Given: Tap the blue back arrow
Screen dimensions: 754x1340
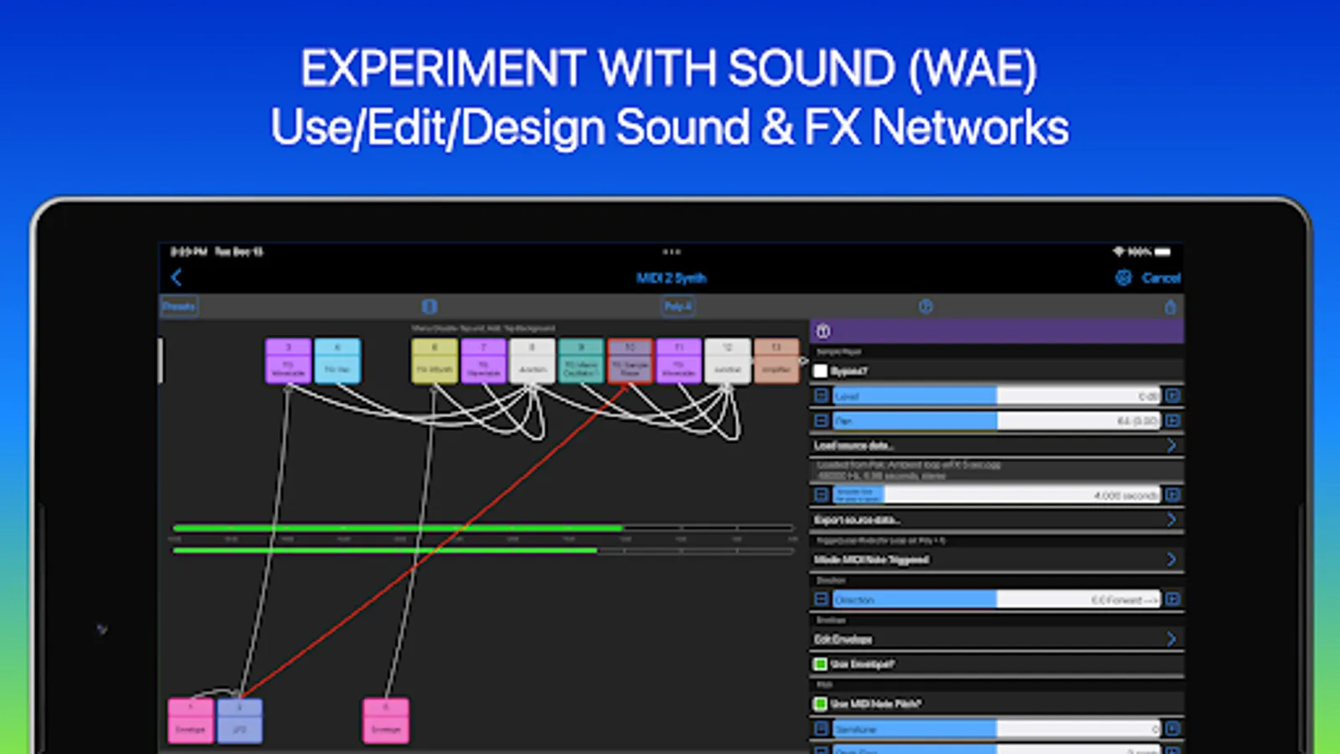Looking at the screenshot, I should pyautogui.click(x=177, y=278).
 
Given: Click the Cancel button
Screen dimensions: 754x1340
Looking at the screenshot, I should pyautogui.click(x=1161, y=278).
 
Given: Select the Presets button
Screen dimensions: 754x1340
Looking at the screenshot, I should pyautogui.click(x=179, y=307).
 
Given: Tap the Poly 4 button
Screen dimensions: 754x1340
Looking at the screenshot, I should pyautogui.click(x=678, y=307).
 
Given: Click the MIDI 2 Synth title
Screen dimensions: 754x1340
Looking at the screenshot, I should pyautogui.click(x=671, y=278).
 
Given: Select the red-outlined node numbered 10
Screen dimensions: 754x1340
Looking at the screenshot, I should pyautogui.click(x=630, y=361).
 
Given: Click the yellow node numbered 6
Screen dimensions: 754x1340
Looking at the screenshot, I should pyautogui.click(x=434, y=361).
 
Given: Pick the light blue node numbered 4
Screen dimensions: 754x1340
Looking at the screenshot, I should pyautogui.click(x=338, y=361).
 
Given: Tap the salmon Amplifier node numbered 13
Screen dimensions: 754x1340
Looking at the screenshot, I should pyautogui.click(x=776, y=361).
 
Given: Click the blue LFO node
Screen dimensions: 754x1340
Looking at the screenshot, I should pyautogui.click(x=240, y=721).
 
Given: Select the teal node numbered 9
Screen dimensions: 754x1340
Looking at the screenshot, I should pyautogui.click(x=580, y=361).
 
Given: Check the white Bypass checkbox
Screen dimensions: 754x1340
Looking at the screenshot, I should pyautogui.click(x=821, y=371).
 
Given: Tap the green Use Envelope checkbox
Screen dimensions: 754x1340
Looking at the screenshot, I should pyautogui.click(x=821, y=664).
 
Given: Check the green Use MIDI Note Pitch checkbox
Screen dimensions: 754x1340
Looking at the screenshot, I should pyautogui.click(x=821, y=704).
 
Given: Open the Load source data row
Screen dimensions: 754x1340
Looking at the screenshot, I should pyautogui.click(x=996, y=446).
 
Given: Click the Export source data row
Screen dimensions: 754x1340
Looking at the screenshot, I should pyautogui.click(x=996, y=520).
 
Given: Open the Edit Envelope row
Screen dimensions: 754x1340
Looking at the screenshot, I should pyautogui.click(x=996, y=639).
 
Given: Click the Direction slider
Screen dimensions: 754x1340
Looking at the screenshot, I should pyautogui.click(x=996, y=600).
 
